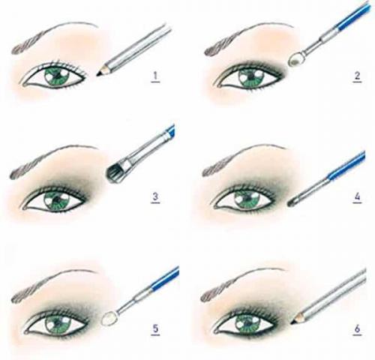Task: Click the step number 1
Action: (155, 76)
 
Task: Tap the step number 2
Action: (357, 76)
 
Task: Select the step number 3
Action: (155, 197)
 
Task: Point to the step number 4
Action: (357, 197)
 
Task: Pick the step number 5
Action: (155, 329)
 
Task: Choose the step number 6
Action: (357, 329)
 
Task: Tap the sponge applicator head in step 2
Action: (295, 59)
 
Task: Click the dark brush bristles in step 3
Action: (115, 173)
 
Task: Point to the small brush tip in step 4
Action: (292, 202)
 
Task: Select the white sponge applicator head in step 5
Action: (109, 319)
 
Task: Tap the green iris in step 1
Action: (57, 76)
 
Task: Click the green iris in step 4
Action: (247, 199)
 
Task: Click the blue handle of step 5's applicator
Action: (165, 279)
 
